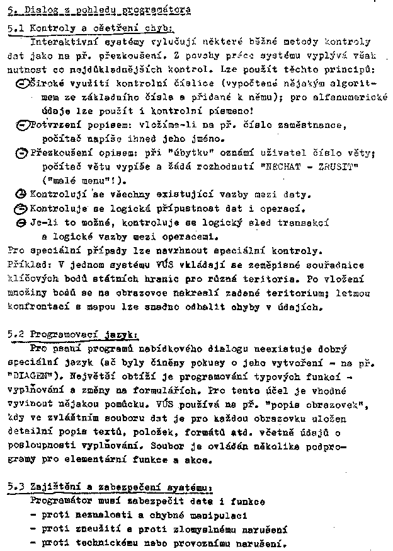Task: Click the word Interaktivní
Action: pos(60,42)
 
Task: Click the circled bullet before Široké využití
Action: pos(21,83)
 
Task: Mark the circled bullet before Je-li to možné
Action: pos(21,223)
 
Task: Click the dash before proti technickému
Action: pos(33,543)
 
